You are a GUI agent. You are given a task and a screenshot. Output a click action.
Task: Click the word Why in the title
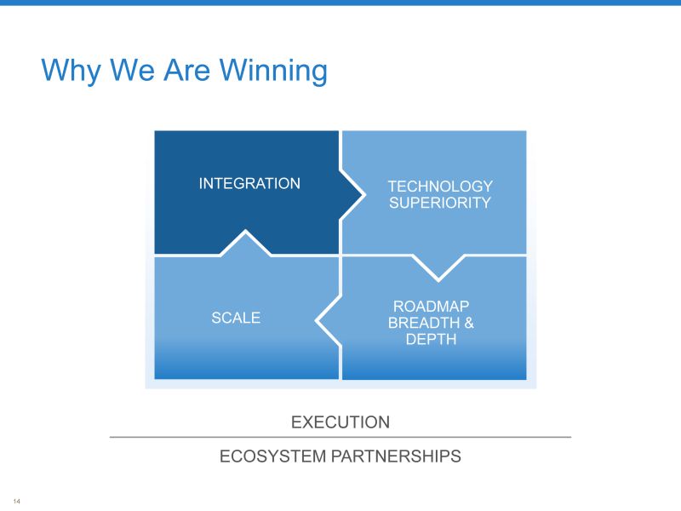tap(71, 71)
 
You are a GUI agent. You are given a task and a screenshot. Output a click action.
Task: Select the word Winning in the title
tap(273, 71)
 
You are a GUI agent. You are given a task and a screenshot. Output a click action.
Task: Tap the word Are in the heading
tap(186, 70)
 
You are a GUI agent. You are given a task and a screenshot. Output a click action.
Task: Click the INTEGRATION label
tap(249, 183)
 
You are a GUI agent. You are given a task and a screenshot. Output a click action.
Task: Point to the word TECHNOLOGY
tap(440, 187)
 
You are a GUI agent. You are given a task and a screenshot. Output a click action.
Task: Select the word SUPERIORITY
tap(440, 203)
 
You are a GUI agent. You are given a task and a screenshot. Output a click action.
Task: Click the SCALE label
tap(236, 318)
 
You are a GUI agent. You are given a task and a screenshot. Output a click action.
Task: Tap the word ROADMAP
tap(431, 307)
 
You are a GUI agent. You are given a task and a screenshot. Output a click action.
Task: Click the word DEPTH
tap(431, 339)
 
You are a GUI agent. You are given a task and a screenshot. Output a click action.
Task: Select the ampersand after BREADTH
tap(469, 323)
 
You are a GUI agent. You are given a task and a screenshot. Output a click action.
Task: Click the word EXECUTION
tap(340, 422)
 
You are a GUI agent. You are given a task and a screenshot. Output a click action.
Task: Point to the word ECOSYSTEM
tap(272, 456)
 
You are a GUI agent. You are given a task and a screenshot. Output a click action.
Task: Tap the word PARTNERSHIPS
tap(396, 456)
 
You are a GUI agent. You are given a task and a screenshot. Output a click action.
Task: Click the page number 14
tap(16, 501)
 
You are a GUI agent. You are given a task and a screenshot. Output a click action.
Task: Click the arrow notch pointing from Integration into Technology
tap(351, 195)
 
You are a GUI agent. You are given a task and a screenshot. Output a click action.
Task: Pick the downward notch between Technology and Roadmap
tap(438, 267)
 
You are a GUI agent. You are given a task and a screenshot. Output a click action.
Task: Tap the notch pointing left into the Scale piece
tap(329, 321)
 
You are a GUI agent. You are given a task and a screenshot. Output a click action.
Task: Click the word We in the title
tap(132, 70)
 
